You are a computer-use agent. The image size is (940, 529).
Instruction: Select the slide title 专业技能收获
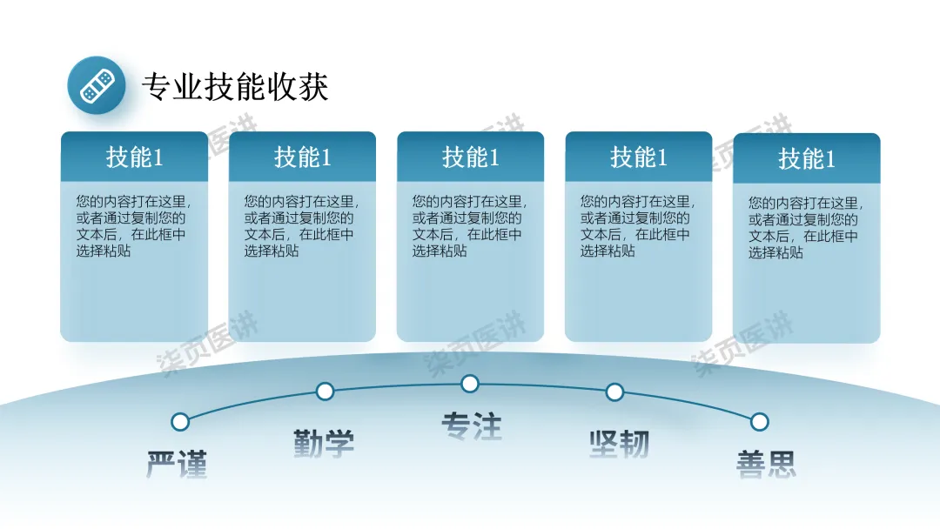tap(235, 87)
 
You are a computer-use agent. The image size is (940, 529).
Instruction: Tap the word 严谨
tap(177, 465)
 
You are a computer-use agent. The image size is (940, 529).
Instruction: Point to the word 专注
tap(471, 426)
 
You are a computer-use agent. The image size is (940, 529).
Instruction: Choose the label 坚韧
tap(619, 444)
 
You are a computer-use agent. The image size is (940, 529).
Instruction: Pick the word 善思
tap(766, 464)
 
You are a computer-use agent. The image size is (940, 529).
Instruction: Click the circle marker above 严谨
tap(180, 422)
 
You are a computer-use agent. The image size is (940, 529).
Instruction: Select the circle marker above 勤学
tap(325, 392)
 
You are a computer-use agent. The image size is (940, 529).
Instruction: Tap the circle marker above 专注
tap(470, 384)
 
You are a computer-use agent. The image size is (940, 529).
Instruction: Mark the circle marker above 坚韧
tap(614, 392)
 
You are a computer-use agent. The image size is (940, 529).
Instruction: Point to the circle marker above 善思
tap(759, 422)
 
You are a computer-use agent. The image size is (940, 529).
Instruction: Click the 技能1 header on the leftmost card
tap(134, 157)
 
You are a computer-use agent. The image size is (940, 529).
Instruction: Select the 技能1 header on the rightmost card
tap(806, 159)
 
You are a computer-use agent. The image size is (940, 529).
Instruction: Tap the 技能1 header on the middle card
tap(470, 157)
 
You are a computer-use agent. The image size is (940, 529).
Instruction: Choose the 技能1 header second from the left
tap(302, 157)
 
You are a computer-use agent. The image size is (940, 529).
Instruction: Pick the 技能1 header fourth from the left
tap(638, 157)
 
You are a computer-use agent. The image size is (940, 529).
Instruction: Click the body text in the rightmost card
tap(803, 227)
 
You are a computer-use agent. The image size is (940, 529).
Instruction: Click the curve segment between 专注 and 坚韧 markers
tap(542, 386)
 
